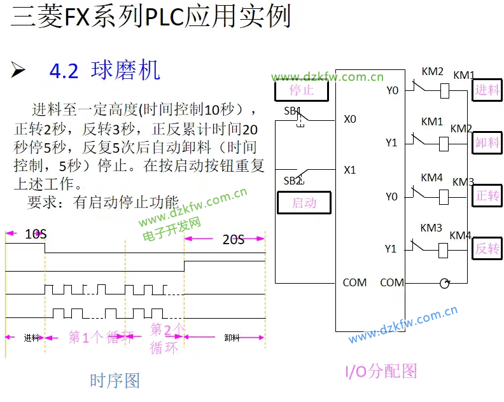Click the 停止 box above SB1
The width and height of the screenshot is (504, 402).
coord(302,90)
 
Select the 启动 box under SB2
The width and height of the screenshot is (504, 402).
coord(304,203)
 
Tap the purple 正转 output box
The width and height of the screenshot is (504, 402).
coord(487,196)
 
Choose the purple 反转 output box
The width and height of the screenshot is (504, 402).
coord(487,248)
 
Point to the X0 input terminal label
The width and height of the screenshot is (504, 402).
coord(350,119)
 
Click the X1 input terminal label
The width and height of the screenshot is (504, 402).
coord(350,170)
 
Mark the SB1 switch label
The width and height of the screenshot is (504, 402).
coord(292,111)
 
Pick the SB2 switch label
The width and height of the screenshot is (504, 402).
coord(292,181)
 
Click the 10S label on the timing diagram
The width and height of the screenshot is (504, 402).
coord(36,234)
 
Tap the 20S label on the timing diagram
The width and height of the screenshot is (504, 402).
coord(233,240)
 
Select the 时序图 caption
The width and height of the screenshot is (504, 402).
coord(115,380)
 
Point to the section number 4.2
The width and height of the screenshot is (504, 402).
coord(64,71)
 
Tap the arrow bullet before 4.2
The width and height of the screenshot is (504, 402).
coord(18,71)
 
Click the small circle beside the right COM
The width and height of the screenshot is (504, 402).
coord(444,283)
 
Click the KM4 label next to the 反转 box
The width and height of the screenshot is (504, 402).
coord(460,236)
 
